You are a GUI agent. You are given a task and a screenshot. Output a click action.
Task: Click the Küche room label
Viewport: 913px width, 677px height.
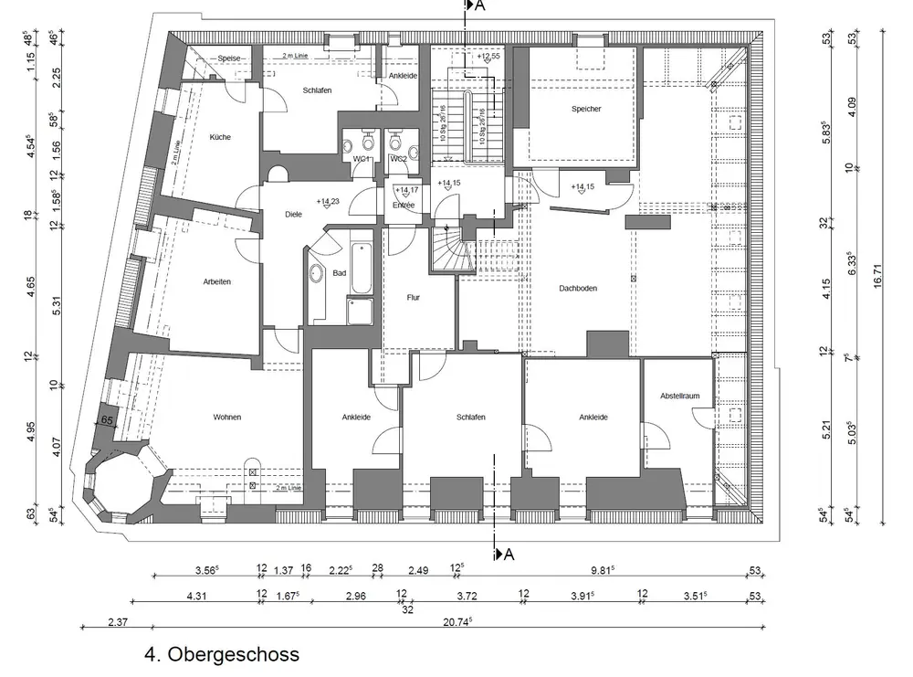tap(220, 137)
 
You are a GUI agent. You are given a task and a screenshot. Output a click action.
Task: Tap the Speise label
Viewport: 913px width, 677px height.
tap(229, 58)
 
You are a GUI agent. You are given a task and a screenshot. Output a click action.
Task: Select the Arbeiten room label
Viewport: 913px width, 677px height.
tap(217, 281)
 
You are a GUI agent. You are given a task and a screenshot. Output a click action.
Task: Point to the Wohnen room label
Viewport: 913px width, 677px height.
tap(227, 418)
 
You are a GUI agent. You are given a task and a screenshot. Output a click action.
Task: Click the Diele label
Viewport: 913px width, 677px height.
tap(293, 215)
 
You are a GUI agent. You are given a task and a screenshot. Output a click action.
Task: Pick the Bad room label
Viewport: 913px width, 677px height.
tap(340, 273)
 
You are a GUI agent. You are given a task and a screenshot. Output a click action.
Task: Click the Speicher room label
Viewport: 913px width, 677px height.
tap(586, 109)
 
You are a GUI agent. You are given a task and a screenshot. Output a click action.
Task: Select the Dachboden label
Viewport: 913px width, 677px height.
tap(578, 289)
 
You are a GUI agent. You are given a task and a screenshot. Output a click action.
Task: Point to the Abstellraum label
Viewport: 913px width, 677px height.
tap(679, 397)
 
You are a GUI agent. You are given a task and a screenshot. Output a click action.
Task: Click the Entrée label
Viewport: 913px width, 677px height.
tap(404, 206)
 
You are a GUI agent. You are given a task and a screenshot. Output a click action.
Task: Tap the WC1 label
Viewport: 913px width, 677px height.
tap(361, 159)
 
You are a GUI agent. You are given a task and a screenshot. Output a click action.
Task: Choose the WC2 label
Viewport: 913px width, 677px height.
tap(399, 159)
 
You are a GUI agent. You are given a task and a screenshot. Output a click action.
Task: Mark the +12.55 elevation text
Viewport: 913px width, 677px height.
tap(490, 57)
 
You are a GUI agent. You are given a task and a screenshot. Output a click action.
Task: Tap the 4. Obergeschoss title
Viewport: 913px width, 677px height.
tap(222, 655)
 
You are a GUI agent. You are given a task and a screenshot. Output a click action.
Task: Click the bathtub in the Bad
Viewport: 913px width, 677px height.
tap(362, 268)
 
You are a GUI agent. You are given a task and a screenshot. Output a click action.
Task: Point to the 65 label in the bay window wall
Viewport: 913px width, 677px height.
tap(107, 420)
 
